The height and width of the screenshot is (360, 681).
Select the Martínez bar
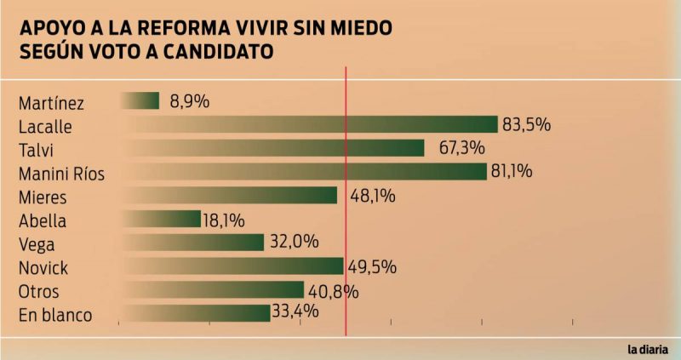click(x=140, y=100)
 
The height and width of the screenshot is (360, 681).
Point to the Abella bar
click(x=161, y=219)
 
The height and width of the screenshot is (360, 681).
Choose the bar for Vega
click(x=193, y=243)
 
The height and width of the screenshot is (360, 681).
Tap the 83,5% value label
click(x=526, y=124)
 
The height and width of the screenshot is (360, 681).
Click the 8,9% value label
click(x=189, y=101)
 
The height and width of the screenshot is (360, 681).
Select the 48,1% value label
click(x=373, y=196)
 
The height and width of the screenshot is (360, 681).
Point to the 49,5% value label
click(x=372, y=266)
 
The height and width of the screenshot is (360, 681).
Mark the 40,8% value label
click(x=334, y=291)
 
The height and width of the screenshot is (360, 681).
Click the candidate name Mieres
click(x=43, y=197)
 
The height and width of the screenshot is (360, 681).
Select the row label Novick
click(x=43, y=268)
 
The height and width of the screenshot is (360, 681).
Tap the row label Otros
click(x=38, y=291)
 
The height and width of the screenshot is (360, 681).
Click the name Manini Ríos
click(x=61, y=174)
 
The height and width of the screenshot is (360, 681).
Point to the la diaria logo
click(x=648, y=349)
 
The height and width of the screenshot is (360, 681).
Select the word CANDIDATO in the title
click(x=219, y=51)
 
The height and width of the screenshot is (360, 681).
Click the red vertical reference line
click(x=346, y=202)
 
